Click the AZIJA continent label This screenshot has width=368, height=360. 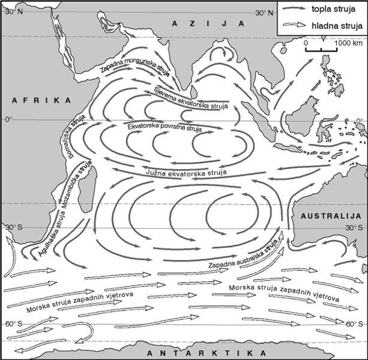[x=207, y=23]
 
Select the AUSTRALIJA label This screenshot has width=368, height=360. [x=330, y=215]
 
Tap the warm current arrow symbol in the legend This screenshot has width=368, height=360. [x=295, y=10]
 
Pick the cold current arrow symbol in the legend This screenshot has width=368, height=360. [x=295, y=26]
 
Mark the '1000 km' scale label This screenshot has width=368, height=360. [x=349, y=44]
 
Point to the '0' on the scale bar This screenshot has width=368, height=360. [x=306, y=44]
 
